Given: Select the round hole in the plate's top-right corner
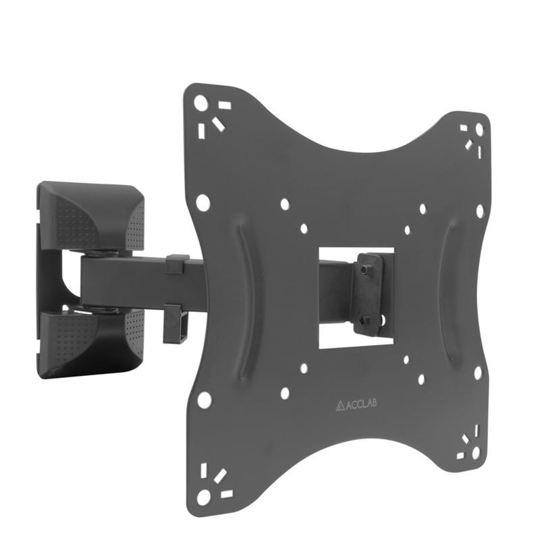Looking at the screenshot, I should click(x=479, y=128).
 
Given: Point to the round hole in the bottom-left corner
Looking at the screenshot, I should click(x=203, y=497).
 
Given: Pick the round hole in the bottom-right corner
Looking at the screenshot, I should click(x=476, y=451).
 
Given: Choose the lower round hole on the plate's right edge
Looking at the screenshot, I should click(x=478, y=372).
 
